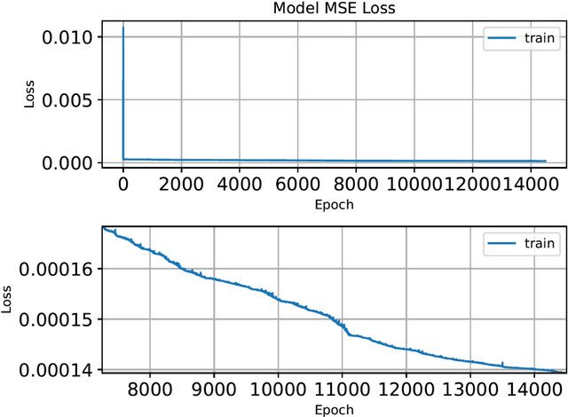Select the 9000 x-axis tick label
tap(214, 389)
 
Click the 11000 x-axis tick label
tap(343, 389)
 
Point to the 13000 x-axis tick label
tap(470, 389)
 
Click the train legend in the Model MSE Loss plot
tap(519, 37)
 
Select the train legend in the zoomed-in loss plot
tap(519, 242)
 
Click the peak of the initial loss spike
tap(122, 28)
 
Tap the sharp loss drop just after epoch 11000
tap(346, 329)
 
